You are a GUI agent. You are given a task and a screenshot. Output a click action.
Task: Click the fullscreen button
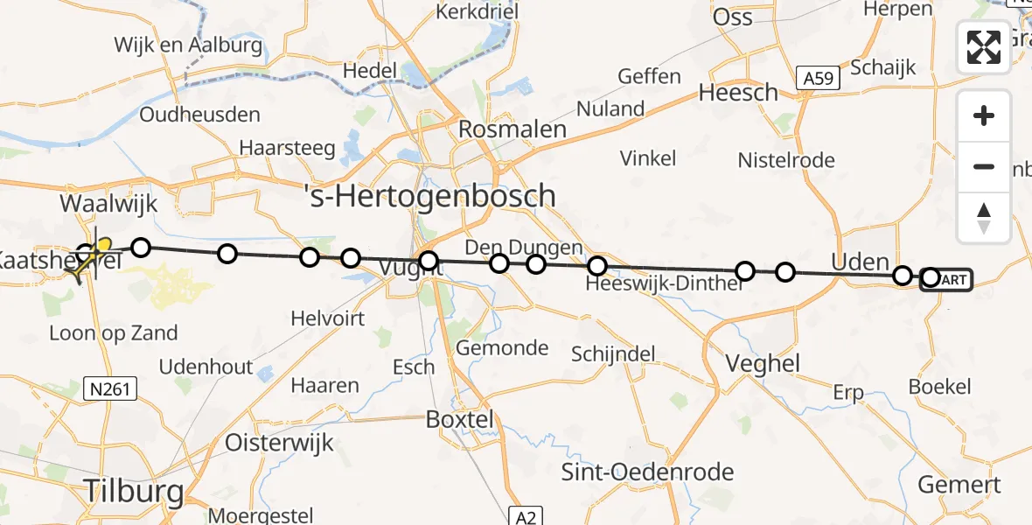pos(984,47)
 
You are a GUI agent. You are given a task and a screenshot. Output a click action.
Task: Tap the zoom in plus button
pos(984,115)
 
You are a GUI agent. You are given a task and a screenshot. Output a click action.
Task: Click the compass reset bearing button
pos(984,218)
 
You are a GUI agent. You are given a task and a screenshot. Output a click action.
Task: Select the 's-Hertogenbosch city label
pos(429,194)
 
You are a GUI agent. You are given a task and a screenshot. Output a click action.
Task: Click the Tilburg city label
pos(134,491)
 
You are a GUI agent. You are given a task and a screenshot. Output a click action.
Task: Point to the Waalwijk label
pos(108,204)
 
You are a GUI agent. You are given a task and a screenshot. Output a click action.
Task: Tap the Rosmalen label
pos(513,129)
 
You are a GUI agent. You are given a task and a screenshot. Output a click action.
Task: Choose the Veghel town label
pos(764,364)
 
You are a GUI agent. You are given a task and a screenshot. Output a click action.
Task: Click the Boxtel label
pos(460,419)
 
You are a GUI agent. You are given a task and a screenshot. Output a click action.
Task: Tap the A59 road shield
pos(819,80)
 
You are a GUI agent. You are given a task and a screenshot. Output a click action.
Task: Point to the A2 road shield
pos(524,516)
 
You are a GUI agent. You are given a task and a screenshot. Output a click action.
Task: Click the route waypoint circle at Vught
pos(428,261)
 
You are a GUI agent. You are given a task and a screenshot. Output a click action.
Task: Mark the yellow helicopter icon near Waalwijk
pos(87,259)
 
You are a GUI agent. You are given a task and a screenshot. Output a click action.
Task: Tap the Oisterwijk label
pos(280,442)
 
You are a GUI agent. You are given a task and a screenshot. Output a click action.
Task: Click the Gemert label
pos(959,485)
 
